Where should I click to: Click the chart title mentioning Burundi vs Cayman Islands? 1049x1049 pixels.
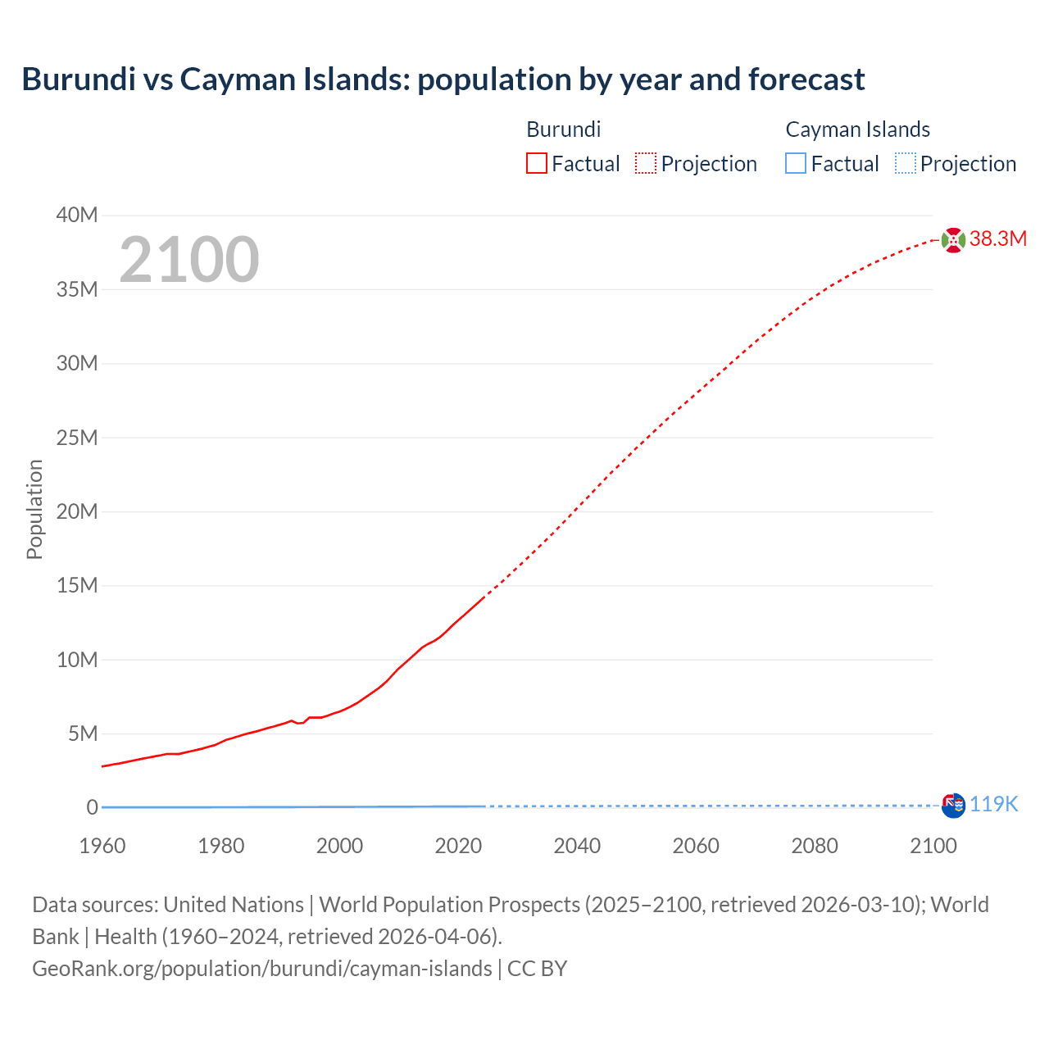443,79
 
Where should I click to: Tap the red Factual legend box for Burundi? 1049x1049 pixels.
536,164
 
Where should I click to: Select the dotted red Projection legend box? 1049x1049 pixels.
646,164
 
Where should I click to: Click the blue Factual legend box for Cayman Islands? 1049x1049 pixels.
795,164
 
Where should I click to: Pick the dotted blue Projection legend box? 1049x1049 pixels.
905,164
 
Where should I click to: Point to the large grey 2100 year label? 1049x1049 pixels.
189,260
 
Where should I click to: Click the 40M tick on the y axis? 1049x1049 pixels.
77,215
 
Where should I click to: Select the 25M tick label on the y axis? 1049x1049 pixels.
77,438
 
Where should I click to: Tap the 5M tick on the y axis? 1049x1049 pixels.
82,733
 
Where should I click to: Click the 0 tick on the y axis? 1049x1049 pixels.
92,807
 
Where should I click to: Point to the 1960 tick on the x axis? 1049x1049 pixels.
102,846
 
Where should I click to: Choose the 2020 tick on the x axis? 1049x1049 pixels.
458,846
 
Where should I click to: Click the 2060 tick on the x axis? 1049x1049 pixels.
696,846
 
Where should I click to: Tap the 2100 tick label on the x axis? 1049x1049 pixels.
933,846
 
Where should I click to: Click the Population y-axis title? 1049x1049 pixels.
34,509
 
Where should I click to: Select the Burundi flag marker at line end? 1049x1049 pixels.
953,239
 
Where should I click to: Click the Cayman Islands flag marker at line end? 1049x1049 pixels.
953,805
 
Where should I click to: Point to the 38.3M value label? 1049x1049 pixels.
997,238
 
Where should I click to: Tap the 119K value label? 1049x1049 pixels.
993,804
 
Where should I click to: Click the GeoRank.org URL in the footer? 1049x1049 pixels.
262,969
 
